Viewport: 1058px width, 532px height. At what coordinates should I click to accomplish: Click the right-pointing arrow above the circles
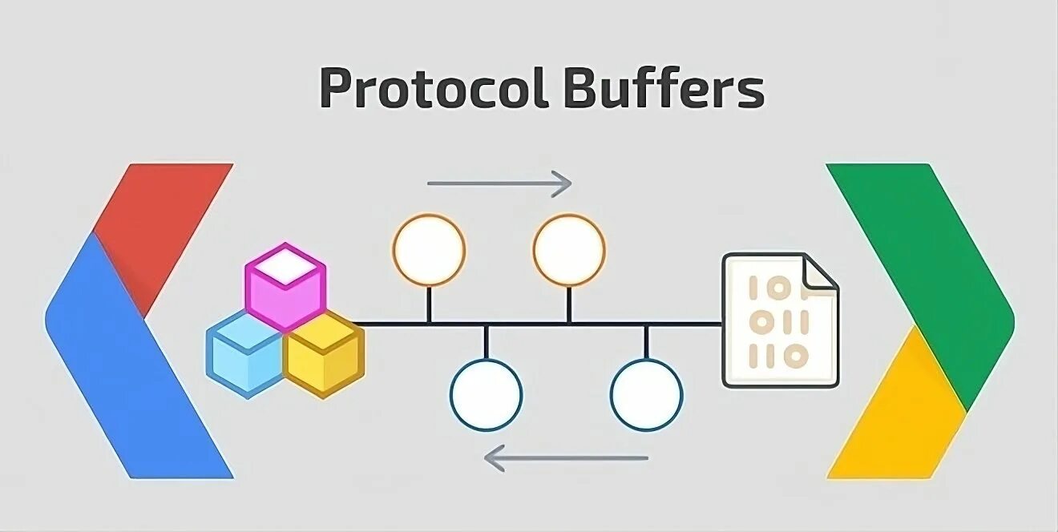499,183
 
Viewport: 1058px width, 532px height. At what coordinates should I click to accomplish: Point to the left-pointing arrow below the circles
566,458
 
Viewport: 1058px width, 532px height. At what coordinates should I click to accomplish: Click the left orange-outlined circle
429,250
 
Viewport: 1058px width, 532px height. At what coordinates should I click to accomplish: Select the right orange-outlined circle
569,250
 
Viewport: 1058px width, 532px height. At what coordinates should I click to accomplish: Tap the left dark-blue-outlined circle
486,394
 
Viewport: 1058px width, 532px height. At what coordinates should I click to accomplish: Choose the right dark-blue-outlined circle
646,394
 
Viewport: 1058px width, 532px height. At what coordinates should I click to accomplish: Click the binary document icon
777,320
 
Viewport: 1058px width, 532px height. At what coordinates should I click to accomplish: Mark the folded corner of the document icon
820,272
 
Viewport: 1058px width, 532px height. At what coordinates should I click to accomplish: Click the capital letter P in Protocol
336,88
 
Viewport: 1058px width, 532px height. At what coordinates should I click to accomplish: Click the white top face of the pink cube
285,264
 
